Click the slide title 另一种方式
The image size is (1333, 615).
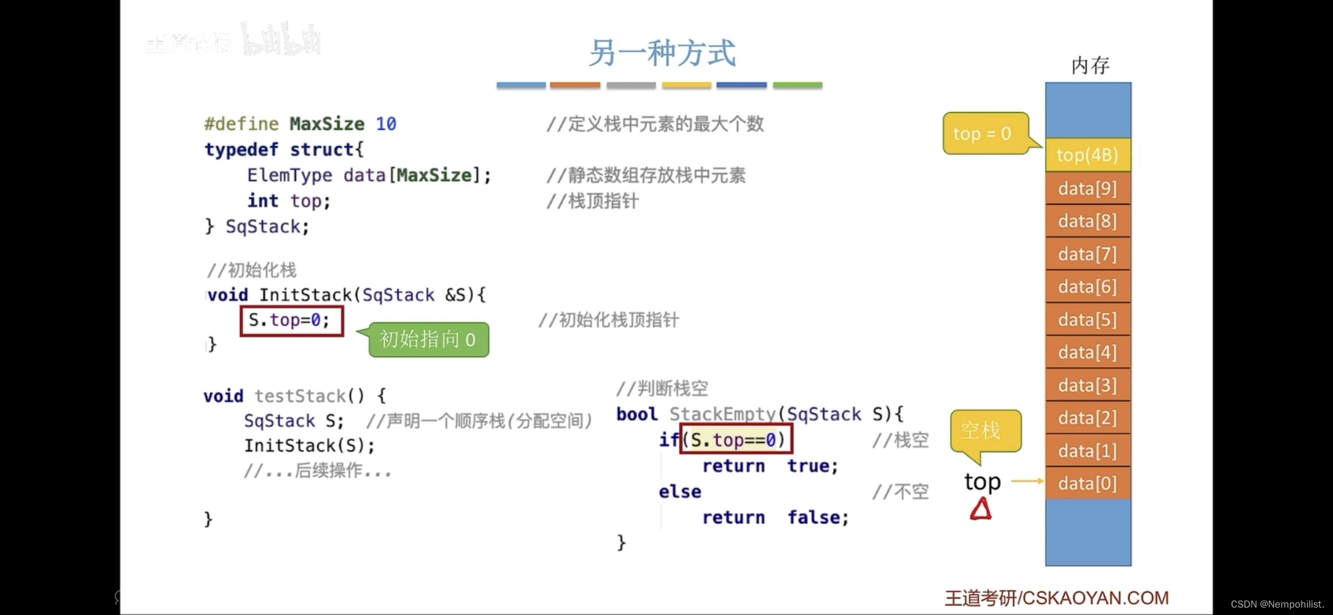[662, 54]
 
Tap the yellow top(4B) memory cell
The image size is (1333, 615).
[1087, 155]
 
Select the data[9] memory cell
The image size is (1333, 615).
[1087, 188]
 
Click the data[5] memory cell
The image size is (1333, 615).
[1087, 320]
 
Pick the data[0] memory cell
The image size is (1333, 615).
[1087, 483]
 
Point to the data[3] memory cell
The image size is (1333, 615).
[1087, 386]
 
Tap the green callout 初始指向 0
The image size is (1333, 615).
[428, 340]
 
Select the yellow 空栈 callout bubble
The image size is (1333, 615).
[984, 431]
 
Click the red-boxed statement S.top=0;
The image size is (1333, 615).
[291, 321]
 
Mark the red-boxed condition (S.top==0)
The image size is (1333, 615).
[736, 440]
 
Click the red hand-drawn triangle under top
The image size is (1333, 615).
[981, 509]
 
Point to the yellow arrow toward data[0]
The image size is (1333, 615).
[1028, 481]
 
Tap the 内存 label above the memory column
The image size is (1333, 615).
[1090, 65]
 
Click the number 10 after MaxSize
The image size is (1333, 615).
[386, 124]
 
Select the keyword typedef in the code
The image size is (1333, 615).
[242, 149]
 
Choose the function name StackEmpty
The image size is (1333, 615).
[723, 414]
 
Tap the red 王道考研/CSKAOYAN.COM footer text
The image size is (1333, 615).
[1057, 598]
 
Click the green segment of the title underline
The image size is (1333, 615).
[797, 85]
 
